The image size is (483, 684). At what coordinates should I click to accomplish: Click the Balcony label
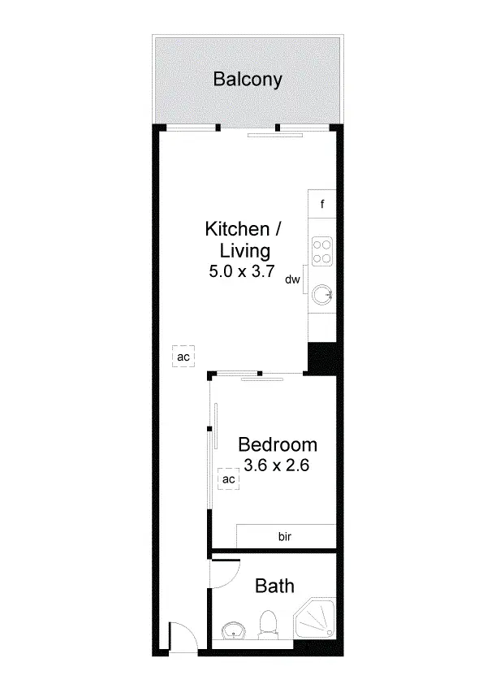pos(248,80)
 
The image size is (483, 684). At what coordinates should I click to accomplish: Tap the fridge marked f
pos(322,204)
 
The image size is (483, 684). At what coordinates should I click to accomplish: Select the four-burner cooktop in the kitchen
pos(322,250)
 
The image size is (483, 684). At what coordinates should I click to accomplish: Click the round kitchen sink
pos(325,293)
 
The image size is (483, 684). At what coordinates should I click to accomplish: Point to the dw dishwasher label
pos(293,280)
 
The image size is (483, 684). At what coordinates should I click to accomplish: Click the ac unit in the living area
pos(183,357)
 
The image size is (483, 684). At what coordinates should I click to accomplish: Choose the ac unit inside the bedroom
pos(229,480)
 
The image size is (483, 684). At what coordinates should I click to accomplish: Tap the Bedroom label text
pos(277,445)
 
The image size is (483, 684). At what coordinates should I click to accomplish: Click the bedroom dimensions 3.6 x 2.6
pos(278,466)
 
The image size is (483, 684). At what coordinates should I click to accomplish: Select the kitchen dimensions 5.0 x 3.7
pos(244,272)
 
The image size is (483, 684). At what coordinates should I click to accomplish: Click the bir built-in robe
pos(286,537)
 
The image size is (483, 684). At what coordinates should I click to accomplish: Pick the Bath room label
pos(274,586)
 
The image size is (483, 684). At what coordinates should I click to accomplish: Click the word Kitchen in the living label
pos(235,228)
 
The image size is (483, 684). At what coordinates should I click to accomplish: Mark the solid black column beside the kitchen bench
pos(322,358)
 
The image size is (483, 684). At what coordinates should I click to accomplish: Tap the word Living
pos(243,250)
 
